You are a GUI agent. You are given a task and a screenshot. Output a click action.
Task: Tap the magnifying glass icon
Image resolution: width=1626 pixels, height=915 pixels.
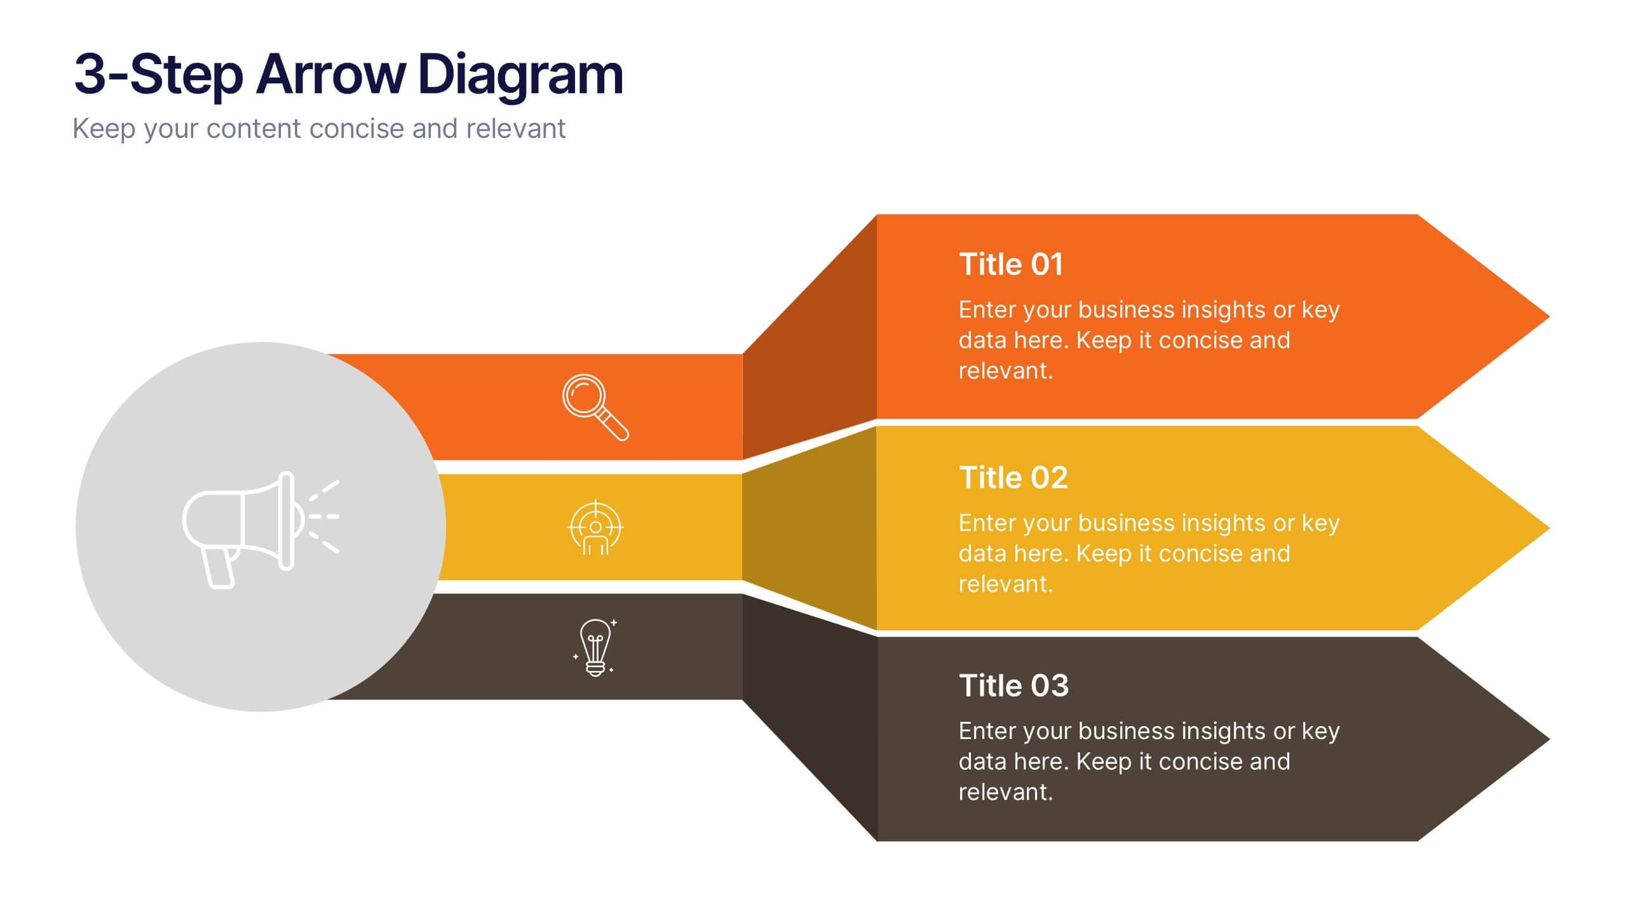(595, 407)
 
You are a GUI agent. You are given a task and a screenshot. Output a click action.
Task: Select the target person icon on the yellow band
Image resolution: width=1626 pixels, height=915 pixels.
(595, 528)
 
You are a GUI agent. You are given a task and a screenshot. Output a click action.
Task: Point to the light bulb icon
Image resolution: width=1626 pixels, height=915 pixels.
(595, 647)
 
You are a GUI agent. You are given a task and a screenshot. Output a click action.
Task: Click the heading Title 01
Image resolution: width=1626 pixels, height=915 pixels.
(1011, 264)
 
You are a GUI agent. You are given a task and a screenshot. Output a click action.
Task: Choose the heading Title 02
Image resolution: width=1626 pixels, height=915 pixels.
(1013, 478)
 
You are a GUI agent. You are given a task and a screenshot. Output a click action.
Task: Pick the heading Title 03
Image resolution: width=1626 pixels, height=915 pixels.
(1014, 686)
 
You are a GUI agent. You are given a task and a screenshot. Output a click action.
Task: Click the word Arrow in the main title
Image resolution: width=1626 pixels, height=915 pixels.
(330, 74)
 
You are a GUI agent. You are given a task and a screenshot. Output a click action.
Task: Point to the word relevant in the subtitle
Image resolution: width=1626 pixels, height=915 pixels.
(515, 129)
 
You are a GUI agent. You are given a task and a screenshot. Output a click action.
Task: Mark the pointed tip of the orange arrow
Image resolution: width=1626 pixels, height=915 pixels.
(1549, 316)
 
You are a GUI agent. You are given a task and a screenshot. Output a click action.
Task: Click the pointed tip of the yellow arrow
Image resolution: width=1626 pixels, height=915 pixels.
(1549, 528)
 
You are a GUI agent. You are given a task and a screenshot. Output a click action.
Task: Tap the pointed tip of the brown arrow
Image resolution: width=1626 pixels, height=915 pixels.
(1549, 739)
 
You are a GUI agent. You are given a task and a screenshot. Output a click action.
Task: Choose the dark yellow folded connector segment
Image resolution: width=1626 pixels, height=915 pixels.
(810, 528)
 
